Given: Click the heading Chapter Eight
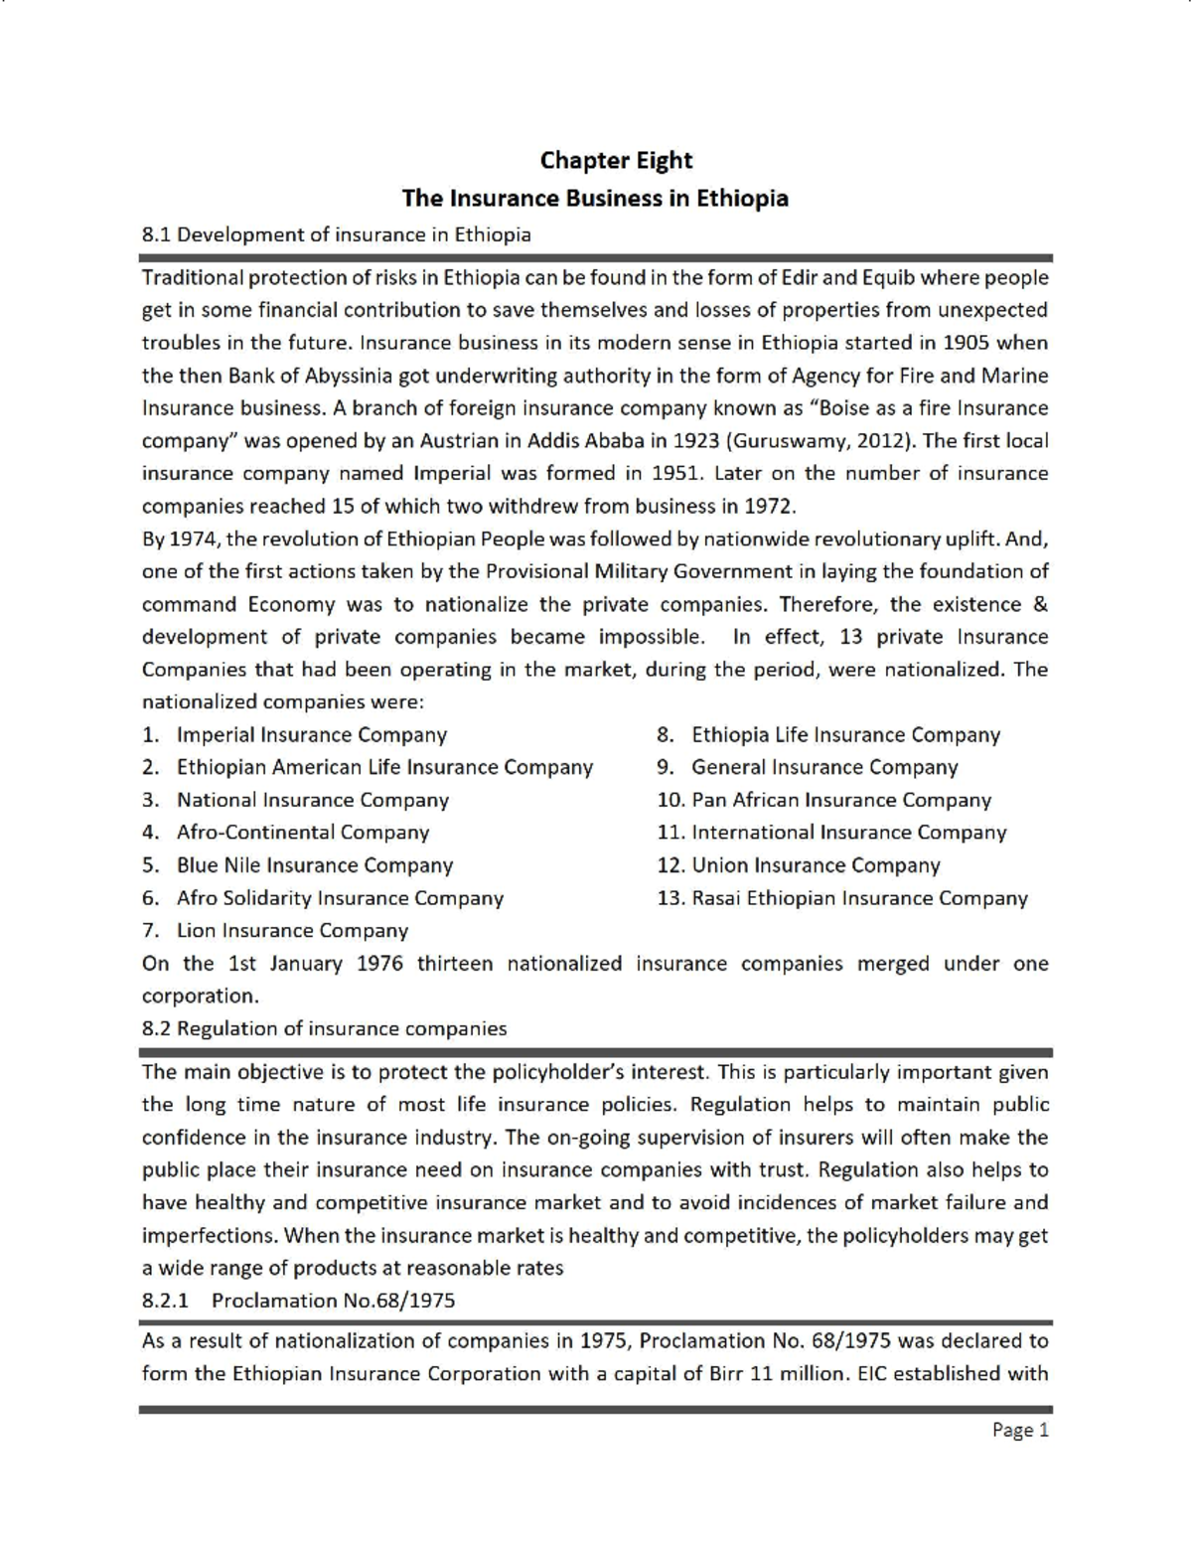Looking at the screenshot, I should coord(616,161).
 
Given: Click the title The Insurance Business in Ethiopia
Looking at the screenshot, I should coord(595,198).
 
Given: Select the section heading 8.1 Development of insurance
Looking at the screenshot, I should coord(336,234).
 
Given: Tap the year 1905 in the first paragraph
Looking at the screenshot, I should coord(967,343).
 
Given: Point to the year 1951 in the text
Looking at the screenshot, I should coord(675,473).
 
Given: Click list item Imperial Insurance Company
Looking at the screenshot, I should coord(311,735).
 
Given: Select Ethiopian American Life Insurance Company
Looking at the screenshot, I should coord(383,767).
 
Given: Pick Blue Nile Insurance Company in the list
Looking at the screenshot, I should coord(314,865).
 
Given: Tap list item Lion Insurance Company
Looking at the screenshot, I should coord(292,931).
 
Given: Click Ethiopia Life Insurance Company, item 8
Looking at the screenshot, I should coord(845,735).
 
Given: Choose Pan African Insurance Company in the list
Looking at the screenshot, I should coord(840,800).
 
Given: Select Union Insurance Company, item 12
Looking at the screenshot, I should coord(815,865).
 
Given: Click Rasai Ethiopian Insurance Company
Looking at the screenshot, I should coord(858,898).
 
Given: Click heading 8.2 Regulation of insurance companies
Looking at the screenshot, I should coord(324,1028).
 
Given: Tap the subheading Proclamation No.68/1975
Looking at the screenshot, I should coord(333,1301).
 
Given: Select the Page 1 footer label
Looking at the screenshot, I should coord(1020,1430).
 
